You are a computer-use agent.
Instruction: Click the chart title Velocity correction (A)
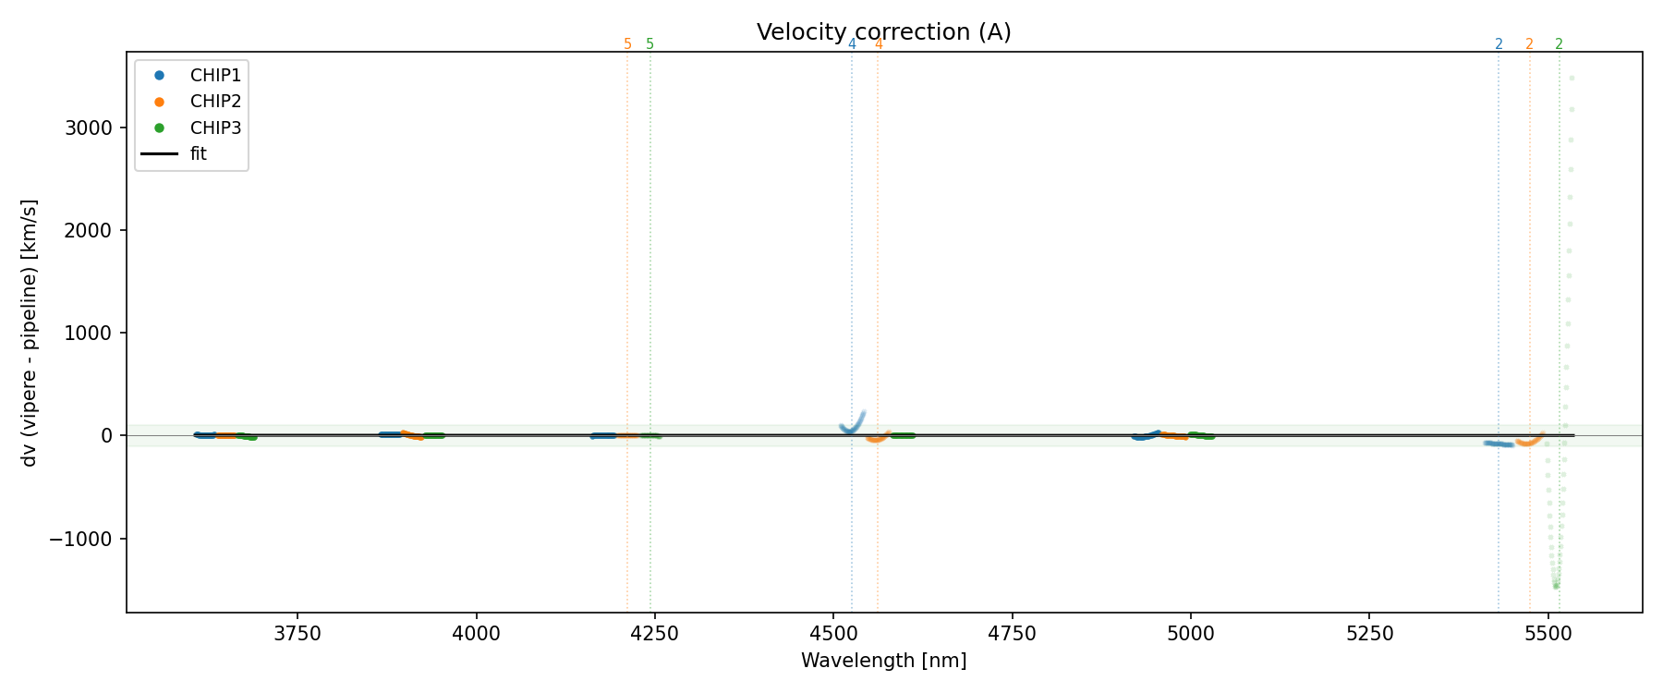883,32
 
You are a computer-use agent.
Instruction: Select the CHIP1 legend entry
215,76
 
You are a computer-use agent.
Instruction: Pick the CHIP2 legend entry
215,102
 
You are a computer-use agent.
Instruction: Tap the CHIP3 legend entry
215,128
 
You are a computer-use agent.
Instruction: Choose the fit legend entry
198,154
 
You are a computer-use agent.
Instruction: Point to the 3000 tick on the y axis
89,128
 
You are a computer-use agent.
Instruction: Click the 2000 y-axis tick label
89,230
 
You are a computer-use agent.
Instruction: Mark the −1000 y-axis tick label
83,539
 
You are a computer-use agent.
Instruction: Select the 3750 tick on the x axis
297,634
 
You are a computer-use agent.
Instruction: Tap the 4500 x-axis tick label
833,634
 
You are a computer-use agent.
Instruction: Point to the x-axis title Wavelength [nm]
883,661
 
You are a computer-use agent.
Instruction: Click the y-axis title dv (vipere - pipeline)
30,333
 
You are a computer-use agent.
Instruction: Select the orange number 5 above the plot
627,44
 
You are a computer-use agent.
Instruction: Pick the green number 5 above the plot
650,44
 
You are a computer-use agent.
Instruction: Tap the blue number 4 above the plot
852,44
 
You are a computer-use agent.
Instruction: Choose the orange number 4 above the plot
879,44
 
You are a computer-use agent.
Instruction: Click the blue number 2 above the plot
1499,44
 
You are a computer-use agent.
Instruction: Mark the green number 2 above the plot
1560,44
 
